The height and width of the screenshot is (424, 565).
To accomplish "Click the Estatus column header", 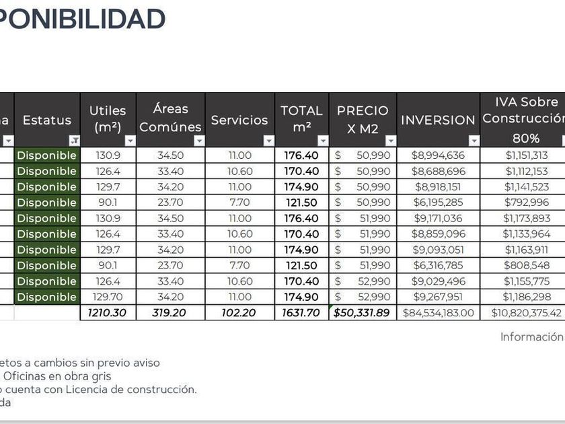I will pyautogui.click(x=46, y=120).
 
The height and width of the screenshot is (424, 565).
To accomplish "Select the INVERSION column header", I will pyautogui.click(x=438, y=120).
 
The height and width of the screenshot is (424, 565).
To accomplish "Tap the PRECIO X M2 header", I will pyautogui.click(x=363, y=119).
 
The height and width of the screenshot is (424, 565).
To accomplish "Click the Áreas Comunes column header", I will pyautogui.click(x=170, y=118).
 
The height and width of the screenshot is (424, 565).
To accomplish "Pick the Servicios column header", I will pyautogui.click(x=239, y=120).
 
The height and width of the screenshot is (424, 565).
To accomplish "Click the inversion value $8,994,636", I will pyautogui.click(x=438, y=155).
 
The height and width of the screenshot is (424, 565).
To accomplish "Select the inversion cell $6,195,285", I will pyautogui.click(x=438, y=203).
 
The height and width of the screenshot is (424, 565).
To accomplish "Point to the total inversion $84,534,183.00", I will pyautogui.click(x=438, y=313).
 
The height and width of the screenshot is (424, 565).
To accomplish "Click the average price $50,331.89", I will pyautogui.click(x=363, y=313).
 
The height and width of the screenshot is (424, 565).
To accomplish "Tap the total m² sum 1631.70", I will pyautogui.click(x=301, y=313).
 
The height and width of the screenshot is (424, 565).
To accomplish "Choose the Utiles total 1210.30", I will pyautogui.click(x=108, y=313).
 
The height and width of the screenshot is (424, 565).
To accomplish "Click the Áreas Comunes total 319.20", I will pyautogui.click(x=170, y=313).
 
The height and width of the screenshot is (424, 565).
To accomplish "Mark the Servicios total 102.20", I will pyautogui.click(x=239, y=313).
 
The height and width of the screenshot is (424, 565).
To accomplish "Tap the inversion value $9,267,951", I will pyautogui.click(x=438, y=297).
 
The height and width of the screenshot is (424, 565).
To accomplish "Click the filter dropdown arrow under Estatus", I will pyautogui.click(x=74, y=141).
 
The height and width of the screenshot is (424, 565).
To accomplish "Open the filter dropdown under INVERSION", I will pyautogui.click(x=474, y=141).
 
